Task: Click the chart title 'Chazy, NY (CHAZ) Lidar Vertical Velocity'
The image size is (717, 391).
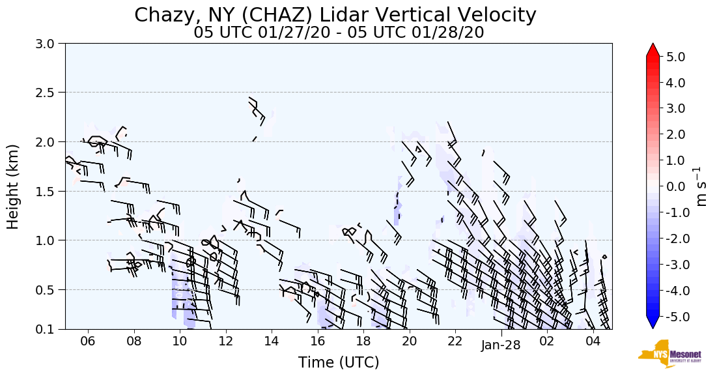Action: (335, 15)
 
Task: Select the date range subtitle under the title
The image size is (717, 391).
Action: (339, 33)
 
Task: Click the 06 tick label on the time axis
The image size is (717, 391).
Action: (88, 341)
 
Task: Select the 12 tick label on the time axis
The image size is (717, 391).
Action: (225, 341)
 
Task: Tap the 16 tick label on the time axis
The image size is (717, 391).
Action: (317, 341)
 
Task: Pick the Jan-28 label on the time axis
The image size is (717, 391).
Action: (501, 345)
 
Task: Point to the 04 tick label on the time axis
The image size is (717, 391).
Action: (593, 341)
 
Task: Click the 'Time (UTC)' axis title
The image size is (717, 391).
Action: (339, 362)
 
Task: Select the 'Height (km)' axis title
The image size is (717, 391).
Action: (14, 186)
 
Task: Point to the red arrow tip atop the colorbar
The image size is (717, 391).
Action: (653, 48)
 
